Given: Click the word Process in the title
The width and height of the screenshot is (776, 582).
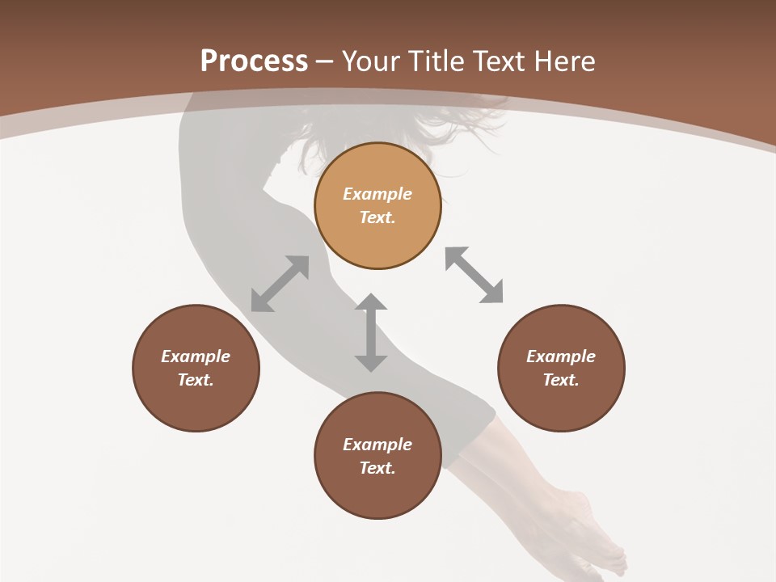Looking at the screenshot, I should (x=254, y=61).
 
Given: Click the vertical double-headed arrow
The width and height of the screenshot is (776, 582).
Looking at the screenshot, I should (x=371, y=332).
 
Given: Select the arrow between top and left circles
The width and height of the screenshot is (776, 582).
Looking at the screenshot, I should (x=280, y=284).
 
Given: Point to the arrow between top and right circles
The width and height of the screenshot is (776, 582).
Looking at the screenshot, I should (x=474, y=275).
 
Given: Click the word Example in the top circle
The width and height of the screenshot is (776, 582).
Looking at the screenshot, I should (x=377, y=194).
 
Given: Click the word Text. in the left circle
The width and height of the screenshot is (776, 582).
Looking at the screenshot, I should (x=196, y=380).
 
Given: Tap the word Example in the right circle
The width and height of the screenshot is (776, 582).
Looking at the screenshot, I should (x=561, y=356).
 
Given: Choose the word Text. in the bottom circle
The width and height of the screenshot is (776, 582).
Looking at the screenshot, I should (x=377, y=468).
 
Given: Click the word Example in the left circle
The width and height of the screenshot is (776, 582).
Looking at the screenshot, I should (x=196, y=356).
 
